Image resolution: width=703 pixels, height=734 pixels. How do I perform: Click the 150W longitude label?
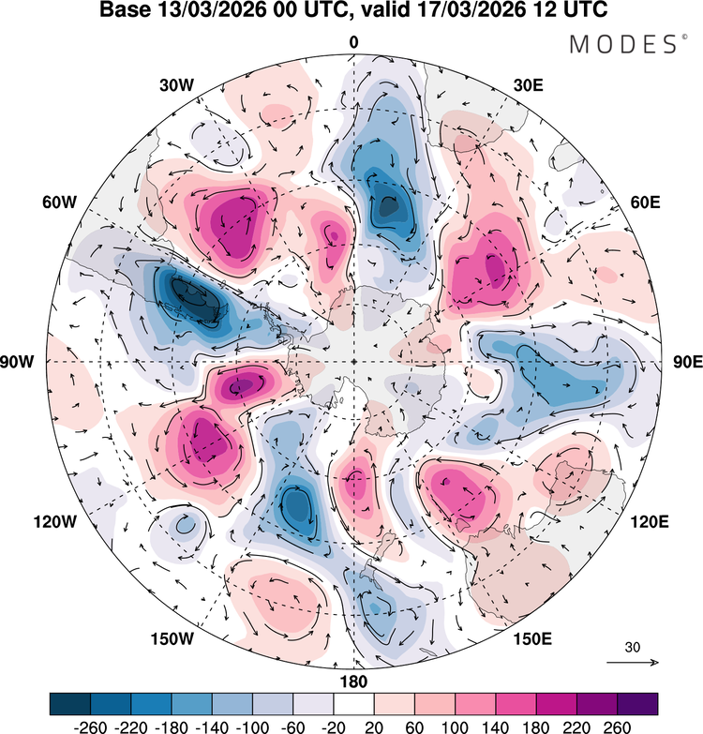point(173,639)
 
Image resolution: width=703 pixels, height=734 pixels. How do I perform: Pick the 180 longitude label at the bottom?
point(353,681)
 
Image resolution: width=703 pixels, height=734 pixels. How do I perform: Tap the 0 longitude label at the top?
point(353,42)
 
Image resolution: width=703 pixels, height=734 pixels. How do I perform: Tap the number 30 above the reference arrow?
point(633,647)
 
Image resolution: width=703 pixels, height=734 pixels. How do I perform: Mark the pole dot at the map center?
point(353,362)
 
